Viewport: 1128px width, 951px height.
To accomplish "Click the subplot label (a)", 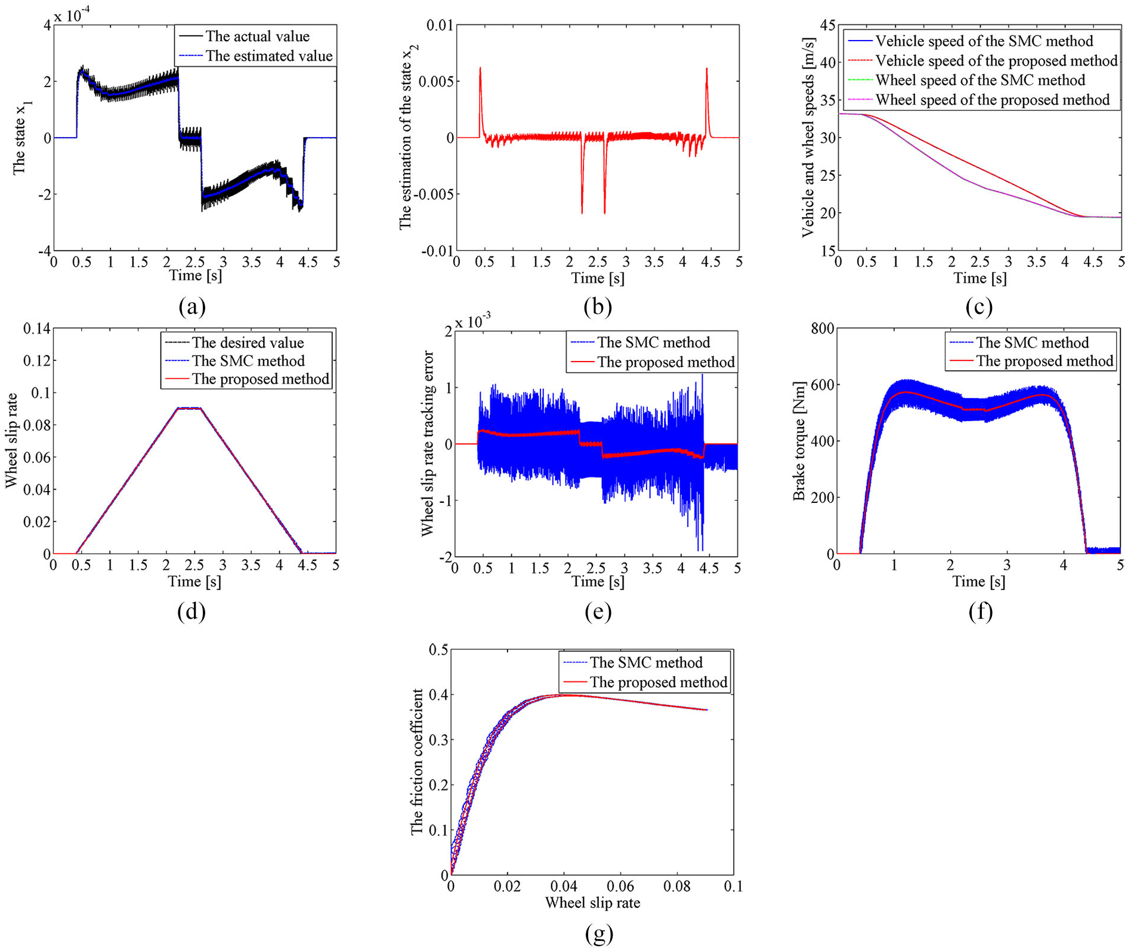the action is (x=192, y=307).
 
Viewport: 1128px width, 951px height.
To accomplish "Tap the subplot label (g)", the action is (x=599, y=933).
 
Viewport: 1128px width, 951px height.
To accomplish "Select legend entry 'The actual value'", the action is (x=258, y=36).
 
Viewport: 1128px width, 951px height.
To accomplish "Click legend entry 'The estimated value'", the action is (x=269, y=56).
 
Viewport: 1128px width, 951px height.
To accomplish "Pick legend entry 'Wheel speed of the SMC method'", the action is (x=980, y=81).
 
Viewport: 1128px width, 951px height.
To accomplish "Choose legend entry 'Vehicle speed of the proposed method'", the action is (x=996, y=61).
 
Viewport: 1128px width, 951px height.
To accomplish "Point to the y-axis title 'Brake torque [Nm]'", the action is (x=799, y=441).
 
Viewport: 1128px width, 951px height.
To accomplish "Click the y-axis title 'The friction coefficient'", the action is (x=417, y=762).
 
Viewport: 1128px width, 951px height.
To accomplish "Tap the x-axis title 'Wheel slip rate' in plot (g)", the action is (x=592, y=903).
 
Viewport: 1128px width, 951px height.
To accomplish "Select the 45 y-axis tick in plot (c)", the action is (x=827, y=25).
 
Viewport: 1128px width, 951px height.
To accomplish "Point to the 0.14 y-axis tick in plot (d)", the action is (x=35, y=328).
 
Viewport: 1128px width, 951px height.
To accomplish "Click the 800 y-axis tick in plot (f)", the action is (x=822, y=328).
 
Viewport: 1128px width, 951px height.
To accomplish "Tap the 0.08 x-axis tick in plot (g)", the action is (x=677, y=887).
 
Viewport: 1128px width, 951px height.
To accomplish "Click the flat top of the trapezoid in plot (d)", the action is (x=189, y=408).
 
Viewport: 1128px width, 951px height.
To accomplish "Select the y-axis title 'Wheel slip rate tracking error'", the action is (x=427, y=443).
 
